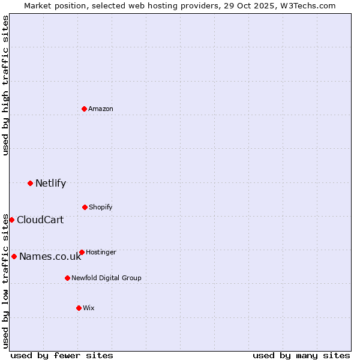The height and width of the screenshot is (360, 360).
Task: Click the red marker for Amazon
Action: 85,109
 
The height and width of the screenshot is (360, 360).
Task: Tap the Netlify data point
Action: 30,183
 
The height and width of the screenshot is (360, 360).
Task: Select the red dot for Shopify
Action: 85,207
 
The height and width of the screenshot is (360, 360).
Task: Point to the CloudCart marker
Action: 11,220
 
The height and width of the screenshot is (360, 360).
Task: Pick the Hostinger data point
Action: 82,252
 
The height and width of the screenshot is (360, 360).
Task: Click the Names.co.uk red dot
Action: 14,256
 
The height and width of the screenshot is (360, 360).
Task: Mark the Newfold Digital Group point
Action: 67,278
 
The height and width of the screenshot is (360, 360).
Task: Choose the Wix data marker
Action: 79,308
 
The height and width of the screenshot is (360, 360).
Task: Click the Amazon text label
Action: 101,109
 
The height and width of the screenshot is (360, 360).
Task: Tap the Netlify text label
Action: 50,183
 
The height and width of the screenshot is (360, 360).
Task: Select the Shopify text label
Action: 101,207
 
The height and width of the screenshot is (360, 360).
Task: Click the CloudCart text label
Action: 40,220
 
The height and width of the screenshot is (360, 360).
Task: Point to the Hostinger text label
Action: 101,252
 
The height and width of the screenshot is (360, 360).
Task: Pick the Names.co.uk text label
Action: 50,257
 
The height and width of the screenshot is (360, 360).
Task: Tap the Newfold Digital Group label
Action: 106,278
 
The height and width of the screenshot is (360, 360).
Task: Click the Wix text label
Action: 89,308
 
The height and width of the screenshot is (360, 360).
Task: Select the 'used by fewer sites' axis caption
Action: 62,355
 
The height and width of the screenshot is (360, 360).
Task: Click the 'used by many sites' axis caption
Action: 301,355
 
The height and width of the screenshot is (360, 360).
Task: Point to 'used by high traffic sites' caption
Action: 5,85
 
